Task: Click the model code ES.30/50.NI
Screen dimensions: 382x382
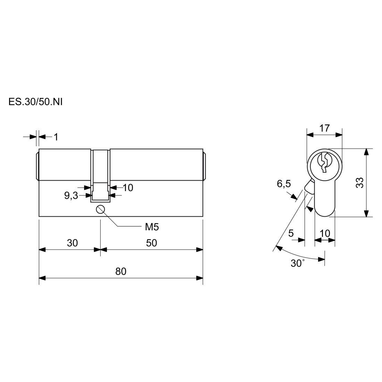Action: [x=35, y=102]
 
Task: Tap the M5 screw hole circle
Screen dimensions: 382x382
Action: [x=100, y=209]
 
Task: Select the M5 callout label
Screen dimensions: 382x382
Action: [x=152, y=227]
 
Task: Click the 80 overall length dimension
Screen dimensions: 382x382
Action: [x=121, y=271]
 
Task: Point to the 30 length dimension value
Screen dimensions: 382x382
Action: [x=72, y=243]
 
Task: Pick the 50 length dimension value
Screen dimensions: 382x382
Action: [x=151, y=243]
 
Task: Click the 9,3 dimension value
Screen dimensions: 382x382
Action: [x=71, y=196]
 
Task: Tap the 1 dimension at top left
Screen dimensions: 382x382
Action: [x=56, y=137]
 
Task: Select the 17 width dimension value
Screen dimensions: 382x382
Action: [x=324, y=128]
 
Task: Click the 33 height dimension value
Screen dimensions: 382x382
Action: [x=360, y=182]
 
